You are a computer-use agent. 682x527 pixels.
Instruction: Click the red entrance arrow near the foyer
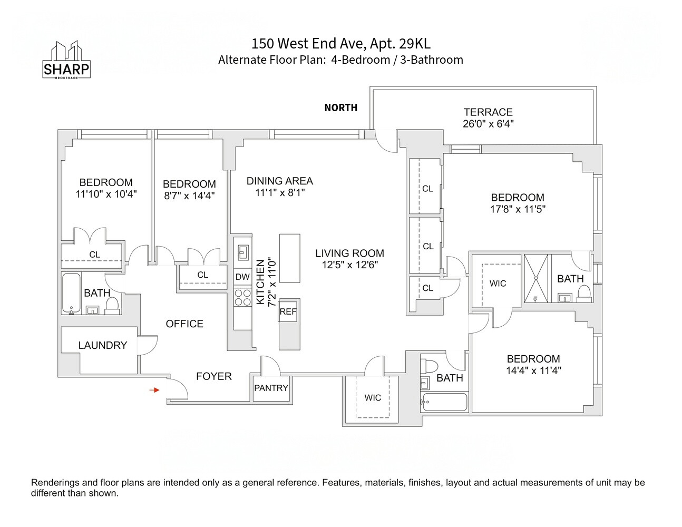(154, 390)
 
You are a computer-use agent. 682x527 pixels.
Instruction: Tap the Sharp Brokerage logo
(66, 60)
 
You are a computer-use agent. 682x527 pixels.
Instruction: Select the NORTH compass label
(340, 108)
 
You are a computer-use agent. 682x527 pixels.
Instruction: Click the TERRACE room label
(488, 112)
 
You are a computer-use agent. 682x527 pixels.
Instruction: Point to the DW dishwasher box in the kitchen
(242, 277)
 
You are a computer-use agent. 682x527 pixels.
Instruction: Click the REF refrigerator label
(288, 311)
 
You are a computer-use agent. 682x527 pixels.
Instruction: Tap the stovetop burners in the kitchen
(242, 298)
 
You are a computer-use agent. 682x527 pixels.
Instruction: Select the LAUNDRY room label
(102, 345)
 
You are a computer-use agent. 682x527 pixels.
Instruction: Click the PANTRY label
(271, 388)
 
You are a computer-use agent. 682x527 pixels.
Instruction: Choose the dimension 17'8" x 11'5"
(518, 209)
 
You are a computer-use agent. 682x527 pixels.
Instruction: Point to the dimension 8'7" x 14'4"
(189, 196)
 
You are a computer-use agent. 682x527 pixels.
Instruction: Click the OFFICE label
(184, 324)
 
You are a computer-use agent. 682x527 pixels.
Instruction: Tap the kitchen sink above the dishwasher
(243, 252)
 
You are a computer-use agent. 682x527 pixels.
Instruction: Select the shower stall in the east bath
(535, 279)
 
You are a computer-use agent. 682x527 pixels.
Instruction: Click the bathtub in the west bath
(71, 293)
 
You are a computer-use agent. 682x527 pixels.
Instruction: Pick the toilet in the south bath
(432, 366)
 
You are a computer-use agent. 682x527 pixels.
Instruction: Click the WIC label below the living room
(373, 398)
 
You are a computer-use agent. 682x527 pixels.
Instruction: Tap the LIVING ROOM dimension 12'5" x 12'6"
(350, 265)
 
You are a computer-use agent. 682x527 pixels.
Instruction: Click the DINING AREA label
(280, 181)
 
